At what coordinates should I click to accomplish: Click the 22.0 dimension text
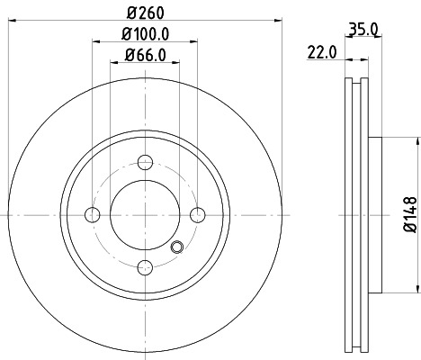321,51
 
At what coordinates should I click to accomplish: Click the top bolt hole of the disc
144,163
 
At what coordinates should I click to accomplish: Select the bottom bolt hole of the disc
144,267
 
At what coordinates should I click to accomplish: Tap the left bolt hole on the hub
92,214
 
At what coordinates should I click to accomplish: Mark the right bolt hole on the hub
197,214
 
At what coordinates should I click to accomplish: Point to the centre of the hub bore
144,214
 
